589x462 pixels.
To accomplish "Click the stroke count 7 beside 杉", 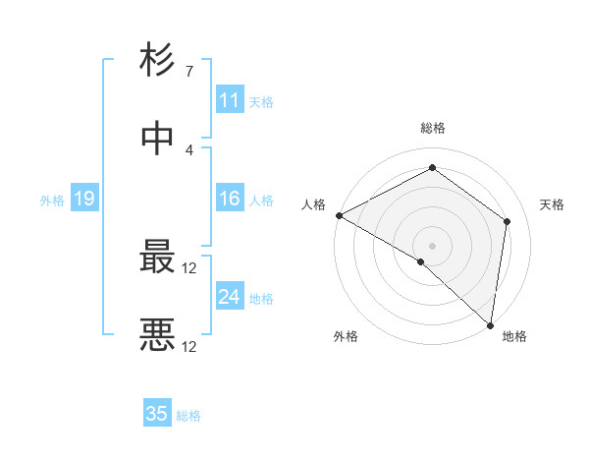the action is [x=188, y=72].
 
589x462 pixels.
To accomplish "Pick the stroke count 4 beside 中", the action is [x=188, y=149].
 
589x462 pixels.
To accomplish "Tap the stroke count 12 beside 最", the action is [x=189, y=267].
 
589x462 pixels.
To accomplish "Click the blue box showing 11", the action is [x=230, y=100].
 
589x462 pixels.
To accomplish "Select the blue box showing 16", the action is [x=230, y=199].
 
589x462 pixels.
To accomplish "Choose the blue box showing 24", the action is [x=230, y=297].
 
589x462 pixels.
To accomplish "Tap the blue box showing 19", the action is [x=84, y=200].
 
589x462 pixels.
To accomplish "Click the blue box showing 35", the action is [x=157, y=414].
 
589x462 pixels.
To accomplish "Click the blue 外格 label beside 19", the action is [x=52, y=201].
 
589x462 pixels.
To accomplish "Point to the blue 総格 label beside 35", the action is [x=188, y=416].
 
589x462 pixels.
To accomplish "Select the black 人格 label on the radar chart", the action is [x=314, y=204].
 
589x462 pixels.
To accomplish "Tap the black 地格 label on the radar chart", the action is [x=514, y=337].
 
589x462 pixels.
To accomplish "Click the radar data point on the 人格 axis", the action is [x=339, y=215].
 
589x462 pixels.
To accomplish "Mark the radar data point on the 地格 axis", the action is [x=490, y=324].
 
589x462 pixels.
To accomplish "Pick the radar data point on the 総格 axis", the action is [x=432, y=168].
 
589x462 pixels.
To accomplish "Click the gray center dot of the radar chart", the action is [x=432, y=245].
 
